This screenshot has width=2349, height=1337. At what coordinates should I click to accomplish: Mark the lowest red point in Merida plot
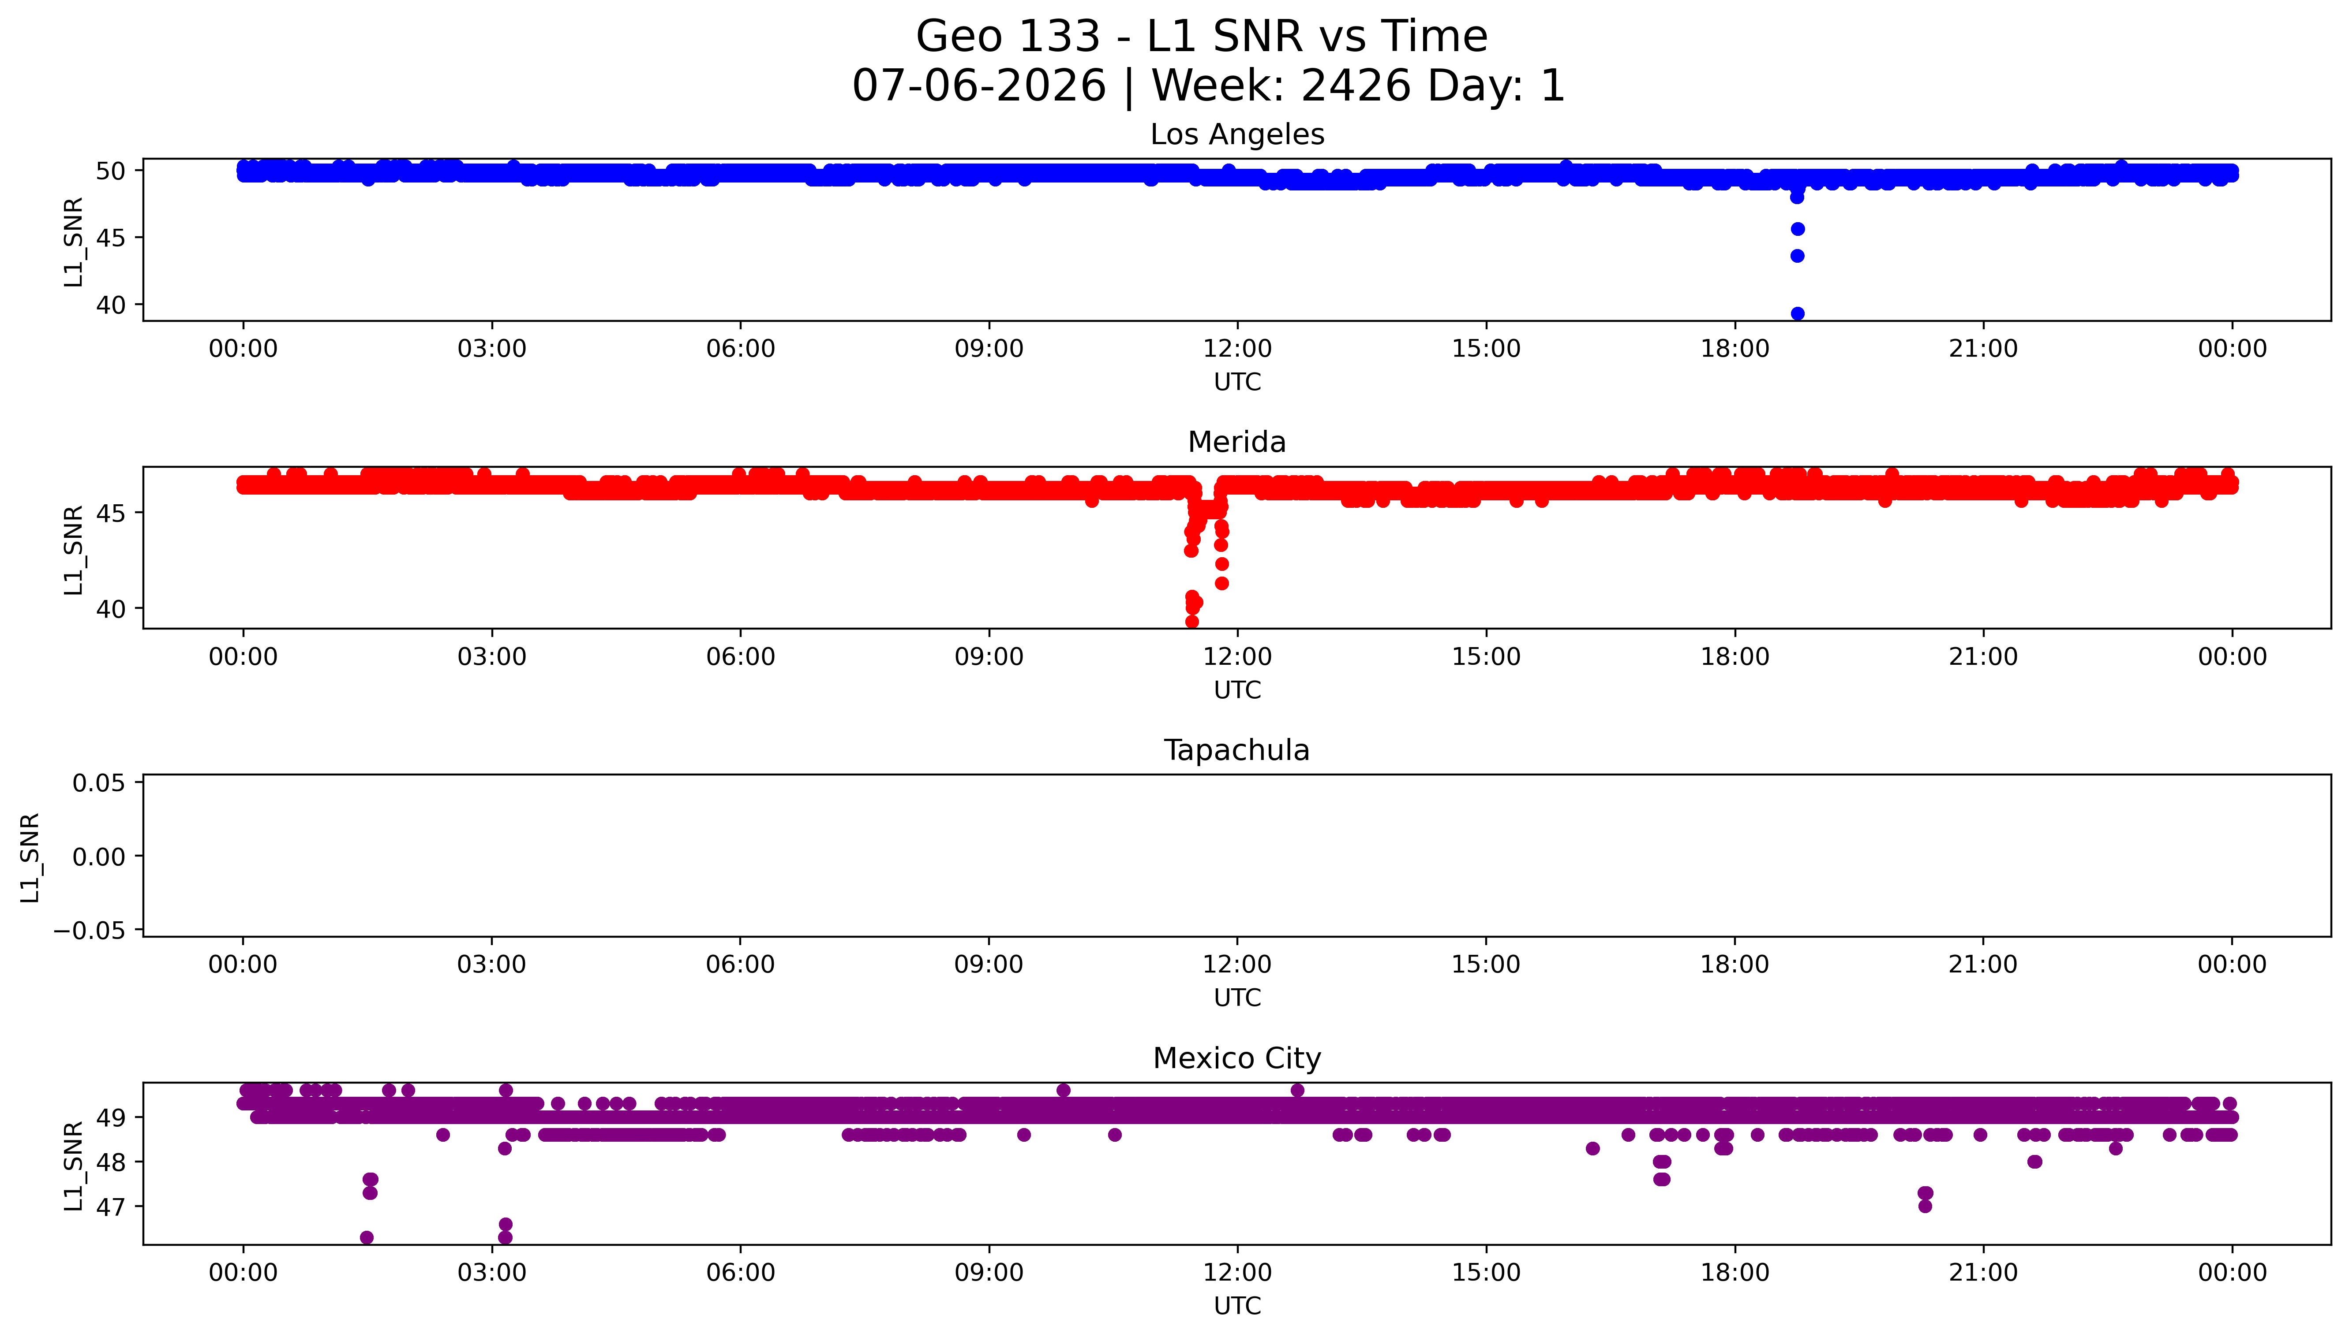click(x=1191, y=622)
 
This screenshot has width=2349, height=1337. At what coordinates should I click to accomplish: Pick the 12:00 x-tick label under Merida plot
click(x=1237, y=656)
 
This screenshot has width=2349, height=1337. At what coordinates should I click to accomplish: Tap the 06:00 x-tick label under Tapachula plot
click(x=741, y=964)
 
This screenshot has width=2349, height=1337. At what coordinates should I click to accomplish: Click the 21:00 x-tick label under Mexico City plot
click(x=1983, y=1273)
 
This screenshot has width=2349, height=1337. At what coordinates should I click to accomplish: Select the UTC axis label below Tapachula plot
click(x=1237, y=998)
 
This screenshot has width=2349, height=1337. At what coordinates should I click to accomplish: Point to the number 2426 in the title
click(x=1356, y=86)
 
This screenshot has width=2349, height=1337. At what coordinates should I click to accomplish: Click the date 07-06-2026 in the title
click(x=979, y=86)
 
